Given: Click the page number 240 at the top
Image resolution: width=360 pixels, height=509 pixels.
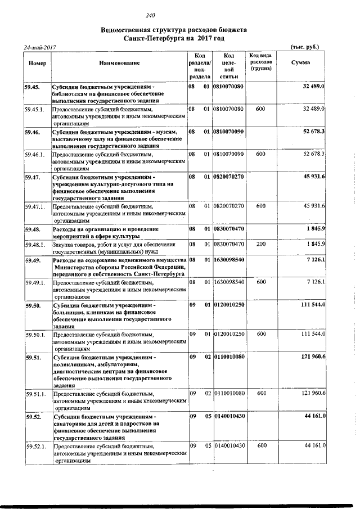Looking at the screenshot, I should (150, 15).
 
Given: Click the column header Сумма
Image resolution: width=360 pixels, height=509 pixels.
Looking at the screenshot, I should (300, 62).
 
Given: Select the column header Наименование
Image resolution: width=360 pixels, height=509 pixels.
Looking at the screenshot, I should (119, 62).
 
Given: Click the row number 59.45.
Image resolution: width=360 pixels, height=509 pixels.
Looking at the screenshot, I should (31, 87).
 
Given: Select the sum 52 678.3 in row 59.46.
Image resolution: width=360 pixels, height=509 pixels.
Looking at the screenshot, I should (314, 131).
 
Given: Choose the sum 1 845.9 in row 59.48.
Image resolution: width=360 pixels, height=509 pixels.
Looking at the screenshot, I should (316, 229).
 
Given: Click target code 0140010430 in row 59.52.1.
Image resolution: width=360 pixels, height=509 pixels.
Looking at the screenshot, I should (229, 445).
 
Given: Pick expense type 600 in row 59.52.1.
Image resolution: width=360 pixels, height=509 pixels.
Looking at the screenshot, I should (260, 445).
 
